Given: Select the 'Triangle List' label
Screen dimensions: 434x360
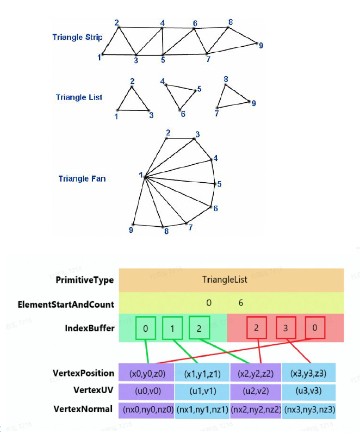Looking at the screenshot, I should (x=79, y=97).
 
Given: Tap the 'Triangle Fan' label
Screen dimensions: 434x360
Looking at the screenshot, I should (x=82, y=178).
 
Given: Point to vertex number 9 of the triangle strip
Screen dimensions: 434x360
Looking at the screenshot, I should (x=257, y=44).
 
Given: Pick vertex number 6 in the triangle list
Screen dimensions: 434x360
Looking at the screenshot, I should (x=181, y=110).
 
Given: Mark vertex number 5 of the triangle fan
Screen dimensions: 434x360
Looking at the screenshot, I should (x=215, y=184).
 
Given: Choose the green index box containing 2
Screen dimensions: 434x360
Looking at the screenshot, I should (x=200, y=328).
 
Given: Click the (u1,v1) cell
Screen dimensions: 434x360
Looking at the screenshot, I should (x=202, y=390).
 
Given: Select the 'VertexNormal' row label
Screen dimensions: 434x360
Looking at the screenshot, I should (x=84, y=408).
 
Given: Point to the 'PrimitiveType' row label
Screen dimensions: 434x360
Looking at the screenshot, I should (x=84, y=280).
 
